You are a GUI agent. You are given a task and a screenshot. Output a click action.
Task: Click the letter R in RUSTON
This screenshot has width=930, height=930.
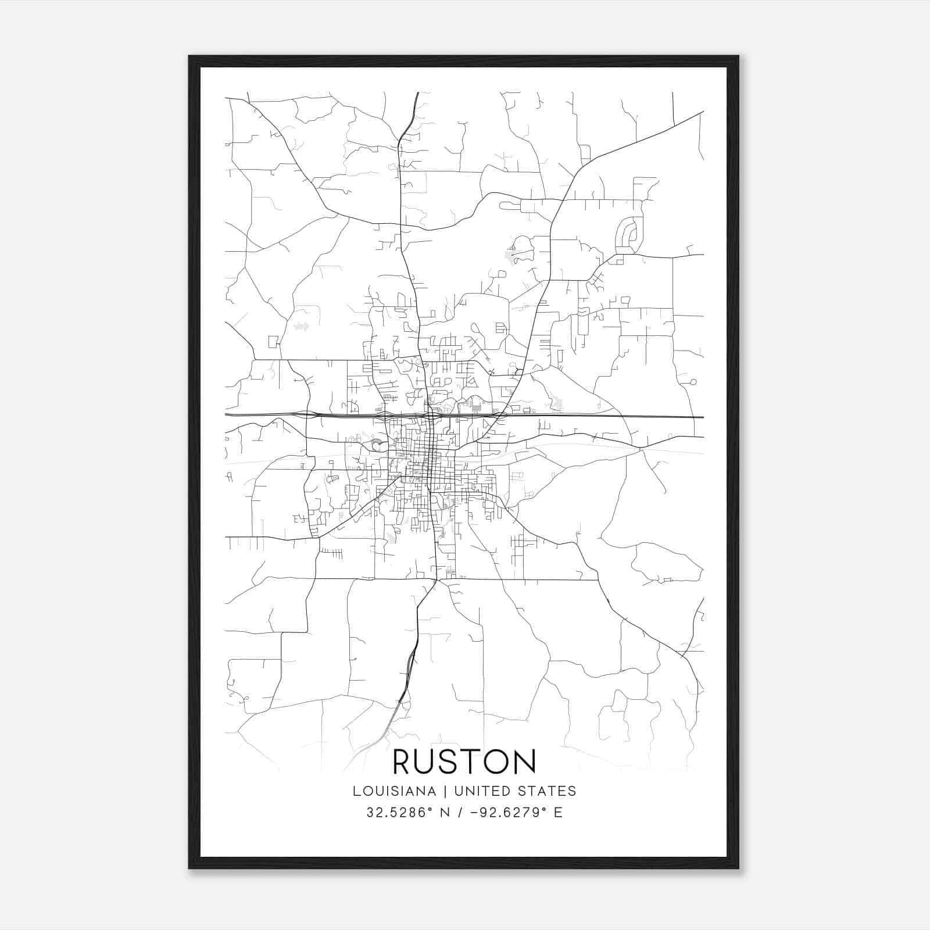(x=405, y=761)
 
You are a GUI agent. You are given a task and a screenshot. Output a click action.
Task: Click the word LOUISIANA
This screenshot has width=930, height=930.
(x=394, y=791)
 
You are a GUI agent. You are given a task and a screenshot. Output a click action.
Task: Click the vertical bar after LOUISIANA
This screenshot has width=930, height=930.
(x=445, y=791)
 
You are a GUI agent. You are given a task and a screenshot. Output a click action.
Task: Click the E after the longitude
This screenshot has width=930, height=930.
(x=558, y=813)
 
